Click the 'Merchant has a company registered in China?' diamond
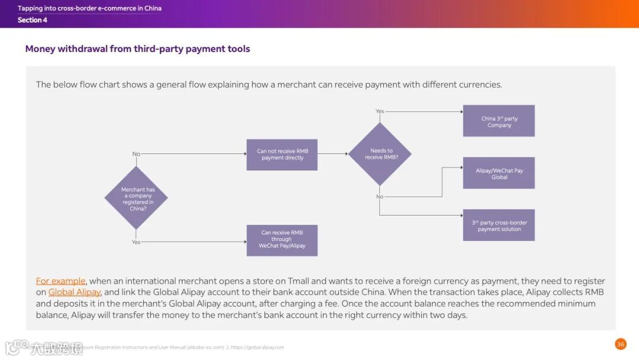[136, 198]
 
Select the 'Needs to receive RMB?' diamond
[379, 154]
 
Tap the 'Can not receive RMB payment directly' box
[282, 155]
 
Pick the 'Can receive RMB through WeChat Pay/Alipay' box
[282, 240]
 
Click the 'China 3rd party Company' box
[499, 121]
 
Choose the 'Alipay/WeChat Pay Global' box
[499, 173]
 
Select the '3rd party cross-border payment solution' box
[499, 226]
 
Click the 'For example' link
[60, 281]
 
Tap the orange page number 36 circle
[620, 344]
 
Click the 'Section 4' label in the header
[33, 20]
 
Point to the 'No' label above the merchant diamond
[136, 154]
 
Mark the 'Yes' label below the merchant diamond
[136, 242]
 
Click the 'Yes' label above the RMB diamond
[380, 111]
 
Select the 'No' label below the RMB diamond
[380, 197]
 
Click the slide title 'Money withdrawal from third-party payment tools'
[137, 49]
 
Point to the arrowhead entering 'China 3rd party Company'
[460, 111]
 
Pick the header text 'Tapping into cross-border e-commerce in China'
[89, 8]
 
